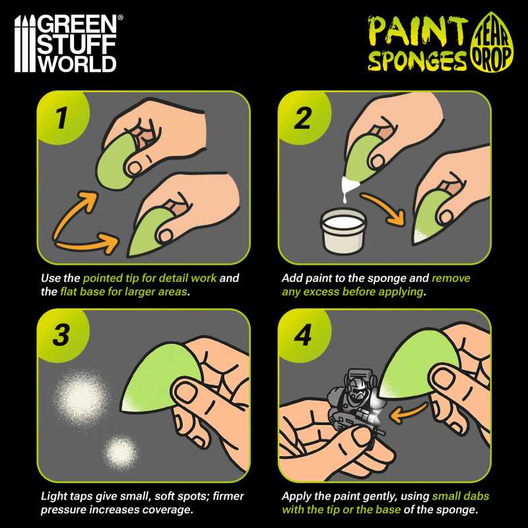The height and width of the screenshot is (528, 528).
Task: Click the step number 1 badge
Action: point(60,118)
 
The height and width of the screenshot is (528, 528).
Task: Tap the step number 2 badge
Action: point(302,118)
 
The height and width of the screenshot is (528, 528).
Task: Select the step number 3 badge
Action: point(60,335)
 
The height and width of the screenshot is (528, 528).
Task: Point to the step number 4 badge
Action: point(302,335)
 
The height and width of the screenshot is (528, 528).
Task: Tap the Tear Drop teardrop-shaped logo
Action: point(491,44)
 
